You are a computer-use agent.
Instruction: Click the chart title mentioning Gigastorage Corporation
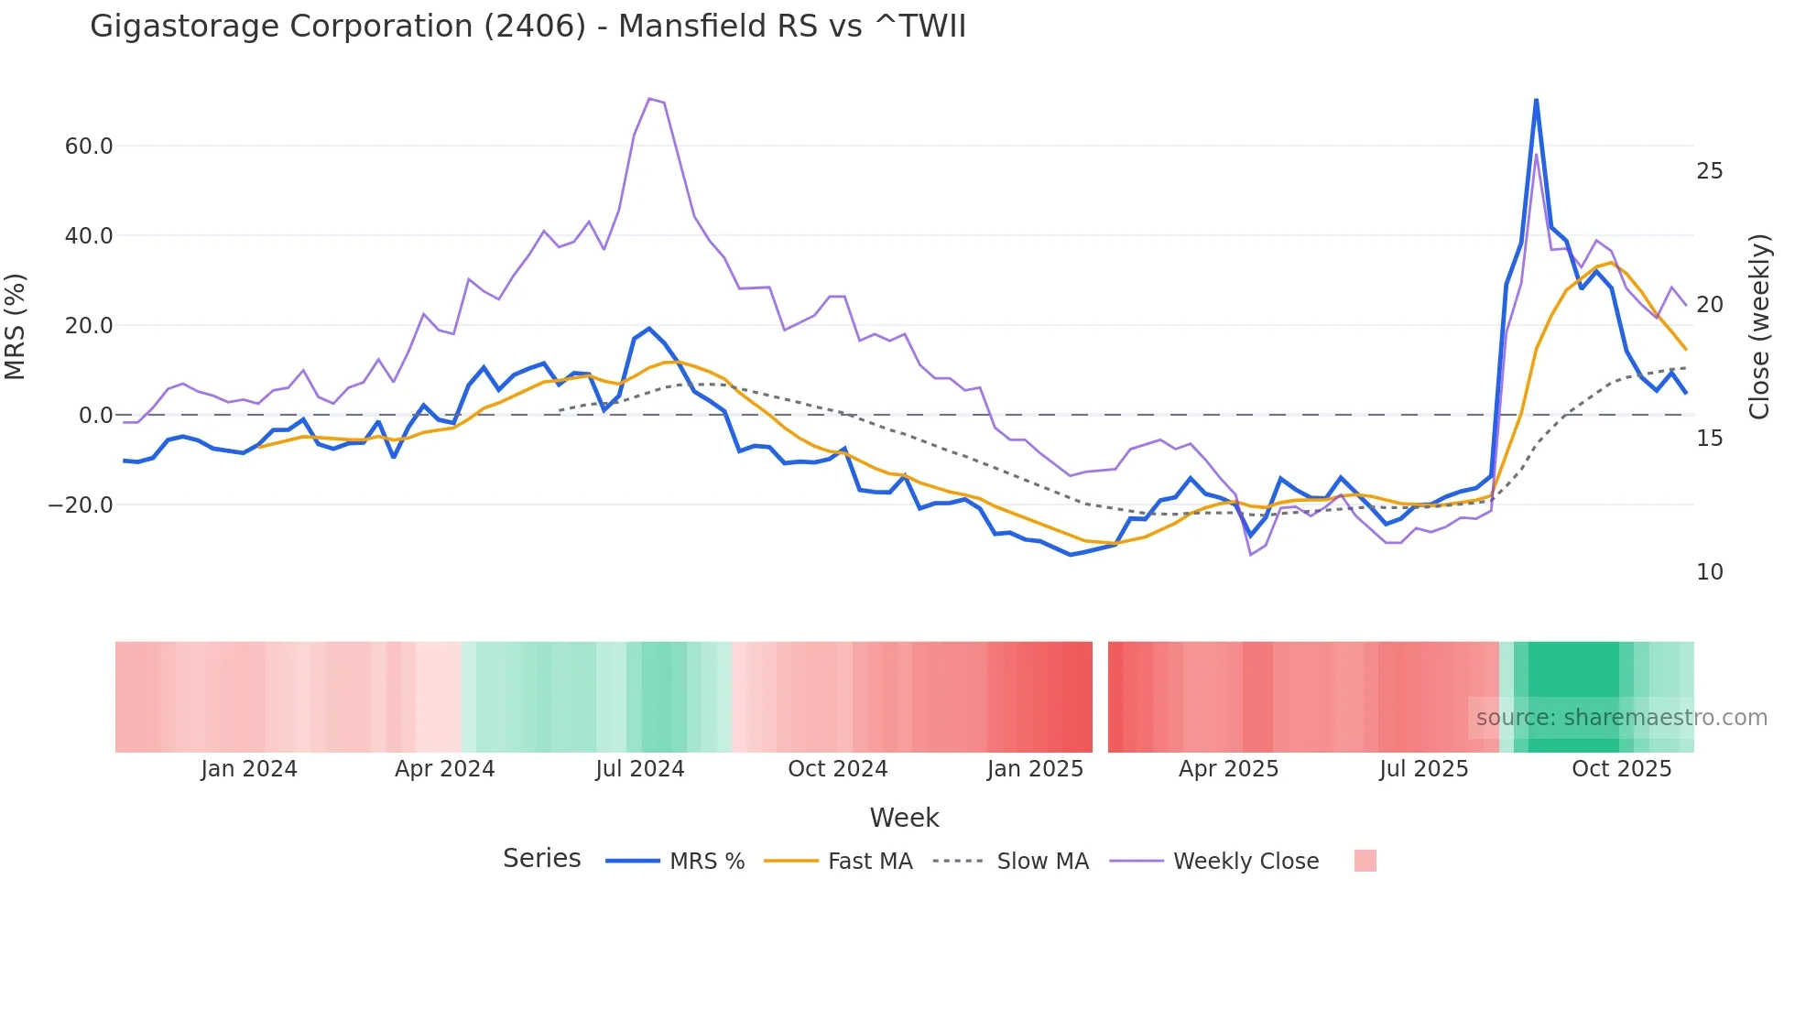coord(528,27)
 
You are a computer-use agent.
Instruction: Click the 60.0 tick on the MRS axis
coord(89,146)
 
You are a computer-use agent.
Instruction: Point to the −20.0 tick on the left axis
coord(81,505)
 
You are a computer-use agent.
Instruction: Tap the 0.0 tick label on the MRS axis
coord(95,416)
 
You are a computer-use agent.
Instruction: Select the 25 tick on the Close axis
coord(1709,171)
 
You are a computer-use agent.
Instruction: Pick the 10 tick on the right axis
coord(1709,572)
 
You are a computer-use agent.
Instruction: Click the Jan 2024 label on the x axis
coord(249,769)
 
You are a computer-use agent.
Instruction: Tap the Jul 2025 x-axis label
coord(1423,769)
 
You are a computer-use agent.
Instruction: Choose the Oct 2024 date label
coord(837,769)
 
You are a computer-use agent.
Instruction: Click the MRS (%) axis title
coord(16,326)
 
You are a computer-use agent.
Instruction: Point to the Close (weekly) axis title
coord(1759,326)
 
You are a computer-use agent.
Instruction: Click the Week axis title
coord(904,818)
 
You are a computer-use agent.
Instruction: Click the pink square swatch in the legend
coord(1365,861)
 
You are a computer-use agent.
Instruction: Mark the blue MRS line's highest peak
coord(1536,100)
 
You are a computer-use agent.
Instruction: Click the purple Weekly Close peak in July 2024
coord(649,99)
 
